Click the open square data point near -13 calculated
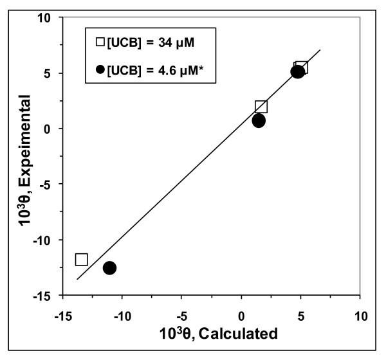[x=82, y=259]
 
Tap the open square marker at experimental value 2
[x=261, y=107]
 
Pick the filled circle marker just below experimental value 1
[x=259, y=120]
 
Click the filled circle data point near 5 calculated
[x=297, y=71]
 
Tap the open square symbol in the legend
[x=100, y=42]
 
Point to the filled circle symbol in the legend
[x=100, y=68]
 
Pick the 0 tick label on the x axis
[x=242, y=316]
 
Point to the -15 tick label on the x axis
[x=62, y=316]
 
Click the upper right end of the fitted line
[x=320, y=50]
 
